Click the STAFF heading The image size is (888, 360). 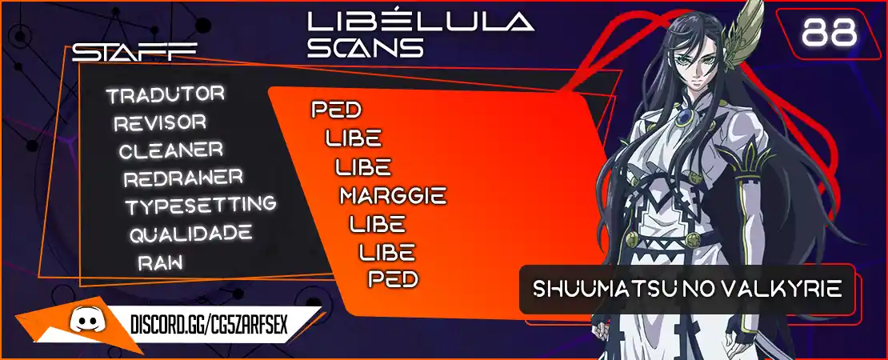[134, 52]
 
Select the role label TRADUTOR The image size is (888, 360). [166, 94]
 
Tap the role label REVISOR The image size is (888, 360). [160, 122]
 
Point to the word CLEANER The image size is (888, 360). [171, 150]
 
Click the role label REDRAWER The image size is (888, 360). [183, 178]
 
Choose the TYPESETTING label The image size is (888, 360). [201, 206]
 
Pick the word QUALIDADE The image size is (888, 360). [191, 234]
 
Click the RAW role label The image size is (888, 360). [160, 261]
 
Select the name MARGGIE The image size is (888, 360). [393, 196]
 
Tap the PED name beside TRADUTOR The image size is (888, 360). [336, 110]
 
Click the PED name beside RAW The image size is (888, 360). [393, 278]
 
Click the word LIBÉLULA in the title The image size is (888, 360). [420, 21]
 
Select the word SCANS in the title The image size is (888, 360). [366, 47]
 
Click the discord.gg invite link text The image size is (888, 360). [210, 325]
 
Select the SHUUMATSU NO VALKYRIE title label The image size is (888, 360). [687, 289]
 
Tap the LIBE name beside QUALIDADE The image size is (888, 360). [387, 251]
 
